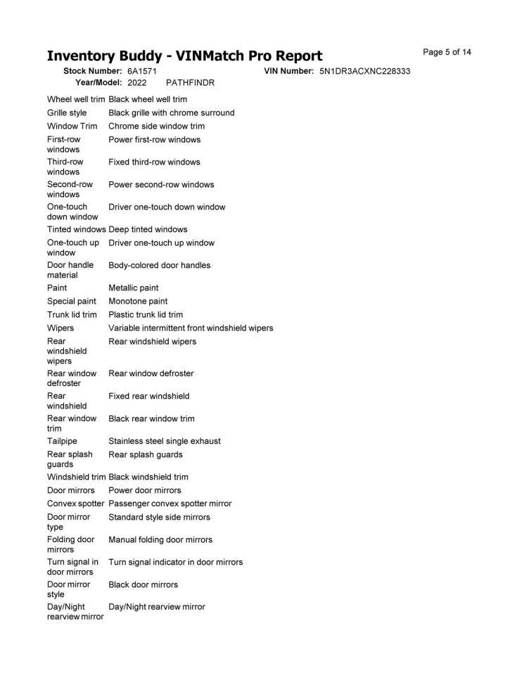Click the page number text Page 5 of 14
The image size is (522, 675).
click(x=447, y=52)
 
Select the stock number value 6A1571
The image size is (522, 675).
click(x=142, y=72)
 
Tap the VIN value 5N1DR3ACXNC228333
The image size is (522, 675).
click(x=364, y=72)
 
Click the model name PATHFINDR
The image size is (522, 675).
click(x=190, y=83)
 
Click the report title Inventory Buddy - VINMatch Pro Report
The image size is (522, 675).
click(x=184, y=56)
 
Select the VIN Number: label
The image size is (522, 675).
click(x=288, y=72)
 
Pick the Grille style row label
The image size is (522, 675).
click(x=67, y=112)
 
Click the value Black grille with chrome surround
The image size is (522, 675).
click(x=172, y=112)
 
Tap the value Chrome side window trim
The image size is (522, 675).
click(x=157, y=126)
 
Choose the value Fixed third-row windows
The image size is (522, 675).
click(x=154, y=162)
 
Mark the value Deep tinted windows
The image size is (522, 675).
click(x=148, y=229)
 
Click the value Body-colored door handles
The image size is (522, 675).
click(x=159, y=265)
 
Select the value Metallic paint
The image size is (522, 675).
click(x=134, y=288)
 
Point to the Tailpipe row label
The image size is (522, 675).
click(x=61, y=441)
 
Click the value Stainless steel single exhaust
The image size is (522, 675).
click(x=165, y=441)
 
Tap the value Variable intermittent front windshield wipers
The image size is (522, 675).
click(x=191, y=328)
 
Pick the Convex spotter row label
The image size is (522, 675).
click(x=75, y=503)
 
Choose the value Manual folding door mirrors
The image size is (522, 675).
click(x=160, y=539)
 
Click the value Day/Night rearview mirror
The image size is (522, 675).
click(x=157, y=606)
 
